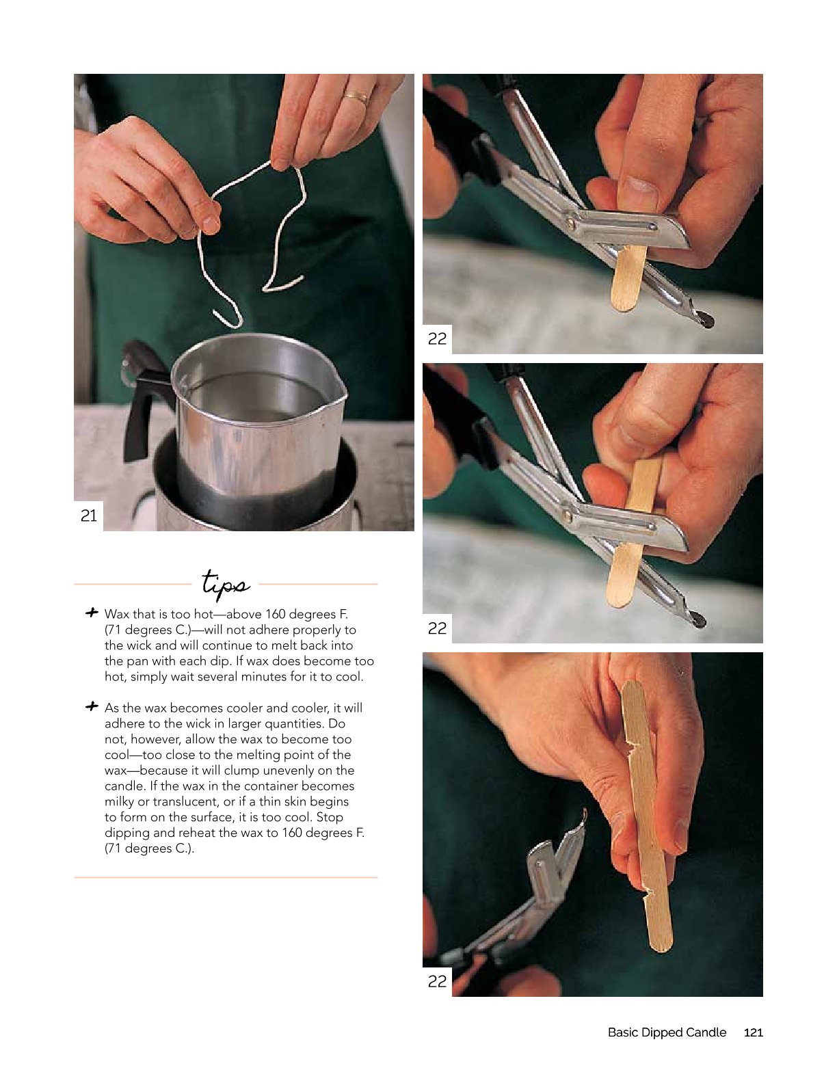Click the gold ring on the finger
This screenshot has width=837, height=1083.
[x=357, y=96]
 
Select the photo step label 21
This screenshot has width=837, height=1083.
[x=89, y=516]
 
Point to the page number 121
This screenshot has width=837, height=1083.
[x=754, y=1032]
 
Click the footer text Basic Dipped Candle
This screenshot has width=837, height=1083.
[x=667, y=1032]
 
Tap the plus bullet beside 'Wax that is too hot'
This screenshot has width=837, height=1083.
[x=92, y=613]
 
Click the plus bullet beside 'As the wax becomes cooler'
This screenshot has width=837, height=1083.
[x=92, y=706]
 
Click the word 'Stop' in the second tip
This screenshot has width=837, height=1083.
[x=330, y=817]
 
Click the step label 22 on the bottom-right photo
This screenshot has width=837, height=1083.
[x=437, y=981]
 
